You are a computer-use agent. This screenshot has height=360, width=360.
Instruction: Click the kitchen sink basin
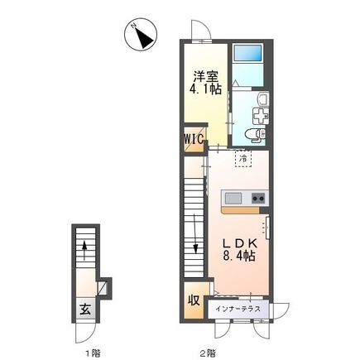point(232,198)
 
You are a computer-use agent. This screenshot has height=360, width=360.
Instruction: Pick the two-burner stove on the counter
point(257,198)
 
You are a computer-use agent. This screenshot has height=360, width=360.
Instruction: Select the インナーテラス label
point(238,309)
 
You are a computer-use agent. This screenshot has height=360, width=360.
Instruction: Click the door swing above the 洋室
point(199,31)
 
